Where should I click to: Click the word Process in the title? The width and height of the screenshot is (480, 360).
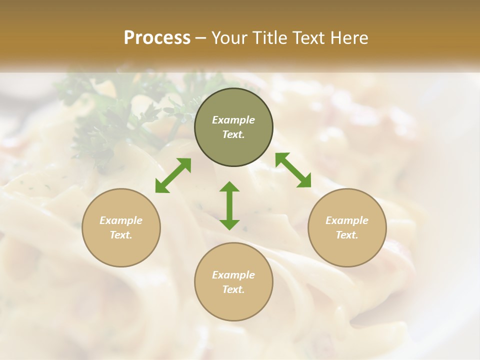[x=157, y=38]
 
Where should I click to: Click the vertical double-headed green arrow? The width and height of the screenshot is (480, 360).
[x=229, y=205]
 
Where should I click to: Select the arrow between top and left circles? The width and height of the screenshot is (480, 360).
[x=173, y=175]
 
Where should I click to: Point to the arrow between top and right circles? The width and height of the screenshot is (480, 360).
[x=293, y=170]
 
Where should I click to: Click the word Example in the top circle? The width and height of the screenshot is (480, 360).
[x=233, y=120]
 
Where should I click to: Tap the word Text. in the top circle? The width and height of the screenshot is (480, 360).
[x=233, y=134]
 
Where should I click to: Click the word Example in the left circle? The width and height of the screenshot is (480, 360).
[x=121, y=220]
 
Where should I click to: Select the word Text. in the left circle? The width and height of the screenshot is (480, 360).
[x=121, y=235]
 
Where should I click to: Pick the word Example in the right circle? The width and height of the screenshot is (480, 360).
[x=347, y=220]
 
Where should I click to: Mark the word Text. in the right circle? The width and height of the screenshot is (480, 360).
[x=347, y=235]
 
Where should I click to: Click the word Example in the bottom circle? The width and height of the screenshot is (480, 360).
[x=233, y=275]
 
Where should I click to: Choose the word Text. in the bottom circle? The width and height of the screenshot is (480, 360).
[x=233, y=289]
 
